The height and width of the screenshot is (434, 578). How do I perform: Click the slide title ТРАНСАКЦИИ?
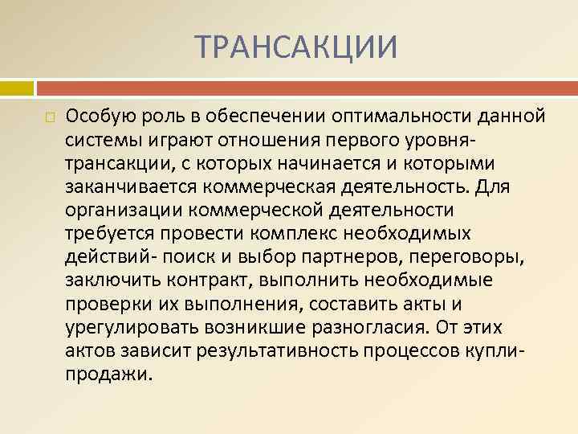pyautogui.click(x=296, y=46)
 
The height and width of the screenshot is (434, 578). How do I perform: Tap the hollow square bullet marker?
pyautogui.click(x=50, y=117)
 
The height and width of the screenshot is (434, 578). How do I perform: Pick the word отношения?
pyautogui.click(x=263, y=141)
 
